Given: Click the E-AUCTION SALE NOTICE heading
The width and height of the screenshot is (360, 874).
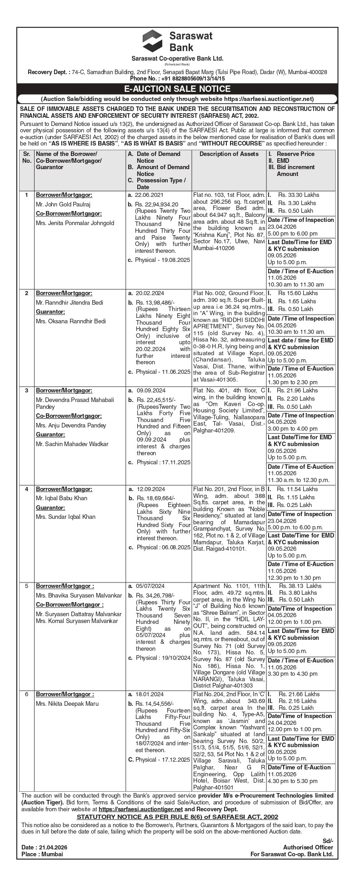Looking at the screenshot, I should click(x=180, y=89).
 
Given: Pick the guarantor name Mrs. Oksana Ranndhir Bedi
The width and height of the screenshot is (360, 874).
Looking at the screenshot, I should click(x=71, y=321).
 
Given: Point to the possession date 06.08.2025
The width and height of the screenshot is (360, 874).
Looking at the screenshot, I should click(x=175, y=548).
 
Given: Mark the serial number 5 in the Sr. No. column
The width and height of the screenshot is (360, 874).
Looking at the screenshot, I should click(x=26, y=586).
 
